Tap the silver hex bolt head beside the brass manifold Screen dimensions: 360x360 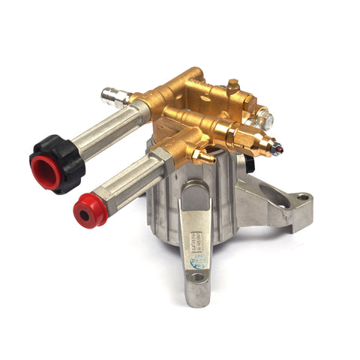coord(264,116)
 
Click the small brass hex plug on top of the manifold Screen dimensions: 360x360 coord(233,84)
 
